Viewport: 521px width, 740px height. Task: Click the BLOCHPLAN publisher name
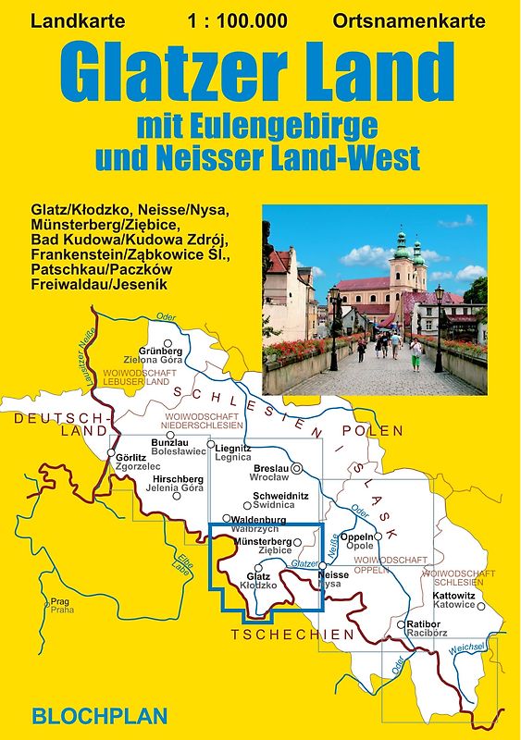(101, 714)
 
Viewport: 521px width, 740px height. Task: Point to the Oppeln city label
(356, 536)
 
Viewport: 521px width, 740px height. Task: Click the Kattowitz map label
(453, 595)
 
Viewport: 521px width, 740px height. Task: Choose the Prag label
(60, 601)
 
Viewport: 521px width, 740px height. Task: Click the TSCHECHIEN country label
(292, 635)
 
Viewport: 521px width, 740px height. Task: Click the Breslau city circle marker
(296, 469)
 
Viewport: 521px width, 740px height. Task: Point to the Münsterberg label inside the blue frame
(264, 540)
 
